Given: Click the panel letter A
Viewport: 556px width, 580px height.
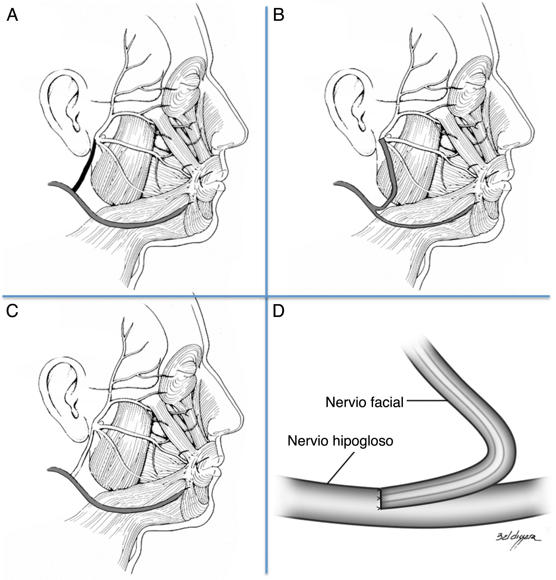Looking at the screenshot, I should click(12, 15).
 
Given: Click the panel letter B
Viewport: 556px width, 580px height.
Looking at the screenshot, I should click(278, 15).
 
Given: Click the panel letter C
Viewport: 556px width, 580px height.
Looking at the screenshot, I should click(12, 311).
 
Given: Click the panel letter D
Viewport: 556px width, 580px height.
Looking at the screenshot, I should click(278, 311).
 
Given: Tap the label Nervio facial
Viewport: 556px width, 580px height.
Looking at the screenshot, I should click(364, 402).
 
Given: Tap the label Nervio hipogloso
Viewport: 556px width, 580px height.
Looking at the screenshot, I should click(340, 441).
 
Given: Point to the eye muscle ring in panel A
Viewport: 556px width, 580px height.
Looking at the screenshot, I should click(183, 86).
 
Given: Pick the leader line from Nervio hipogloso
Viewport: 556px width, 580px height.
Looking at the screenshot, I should click(340, 468).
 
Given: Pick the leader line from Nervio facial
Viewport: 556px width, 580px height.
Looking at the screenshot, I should click(426, 401).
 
